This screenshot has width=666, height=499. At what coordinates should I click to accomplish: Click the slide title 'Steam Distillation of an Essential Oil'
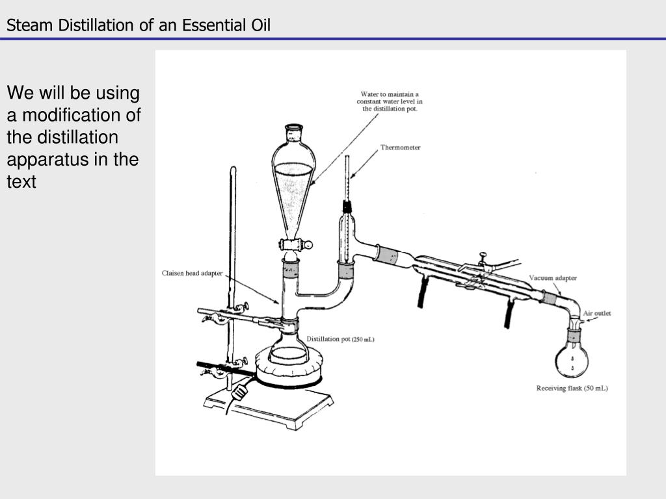click(x=139, y=25)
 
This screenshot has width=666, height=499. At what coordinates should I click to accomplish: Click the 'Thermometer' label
click(x=400, y=147)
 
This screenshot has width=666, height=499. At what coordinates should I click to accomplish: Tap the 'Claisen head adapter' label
click(x=192, y=274)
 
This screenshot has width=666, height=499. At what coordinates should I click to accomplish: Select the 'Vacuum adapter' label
click(x=552, y=278)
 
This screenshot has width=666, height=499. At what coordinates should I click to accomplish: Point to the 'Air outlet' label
click(x=596, y=313)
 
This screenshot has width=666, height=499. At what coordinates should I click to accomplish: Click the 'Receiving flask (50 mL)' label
click(x=572, y=388)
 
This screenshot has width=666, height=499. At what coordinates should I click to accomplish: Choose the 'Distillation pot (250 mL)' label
click(x=340, y=339)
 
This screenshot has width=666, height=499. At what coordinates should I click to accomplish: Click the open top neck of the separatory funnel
click(x=295, y=129)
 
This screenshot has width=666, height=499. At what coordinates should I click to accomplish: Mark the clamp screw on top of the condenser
click(x=482, y=257)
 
